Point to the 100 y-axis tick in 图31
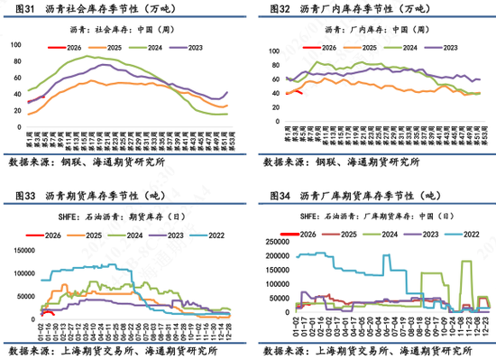tap(15, 45)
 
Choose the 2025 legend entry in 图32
tap(360, 45)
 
